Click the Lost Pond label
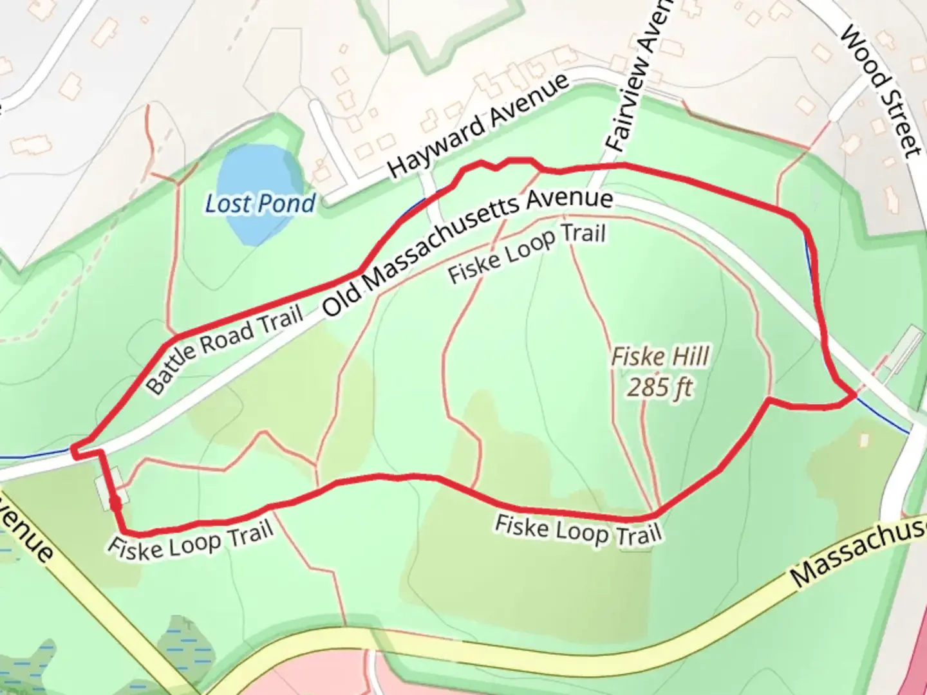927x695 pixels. [260, 204]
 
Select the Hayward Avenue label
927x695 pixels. [479, 125]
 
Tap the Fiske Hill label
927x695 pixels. [660, 356]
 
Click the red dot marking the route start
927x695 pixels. [115, 503]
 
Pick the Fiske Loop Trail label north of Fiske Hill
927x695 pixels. [527, 253]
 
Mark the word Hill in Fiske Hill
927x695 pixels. [689, 356]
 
